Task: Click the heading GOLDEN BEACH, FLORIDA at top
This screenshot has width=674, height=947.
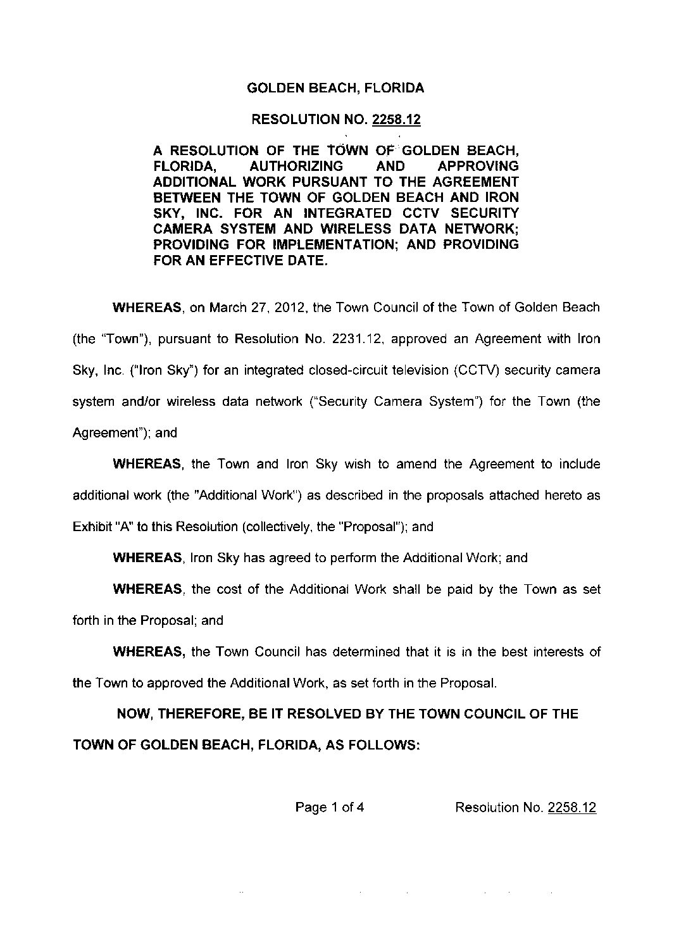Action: [x=335, y=89]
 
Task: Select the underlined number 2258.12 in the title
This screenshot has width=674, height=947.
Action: [x=397, y=120]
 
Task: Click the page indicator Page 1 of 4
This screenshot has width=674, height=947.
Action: [x=329, y=807]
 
